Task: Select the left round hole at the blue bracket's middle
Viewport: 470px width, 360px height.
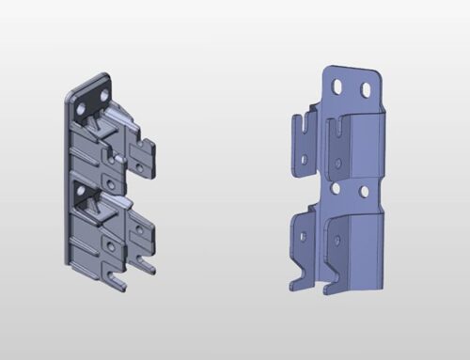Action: [x=336, y=187]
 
